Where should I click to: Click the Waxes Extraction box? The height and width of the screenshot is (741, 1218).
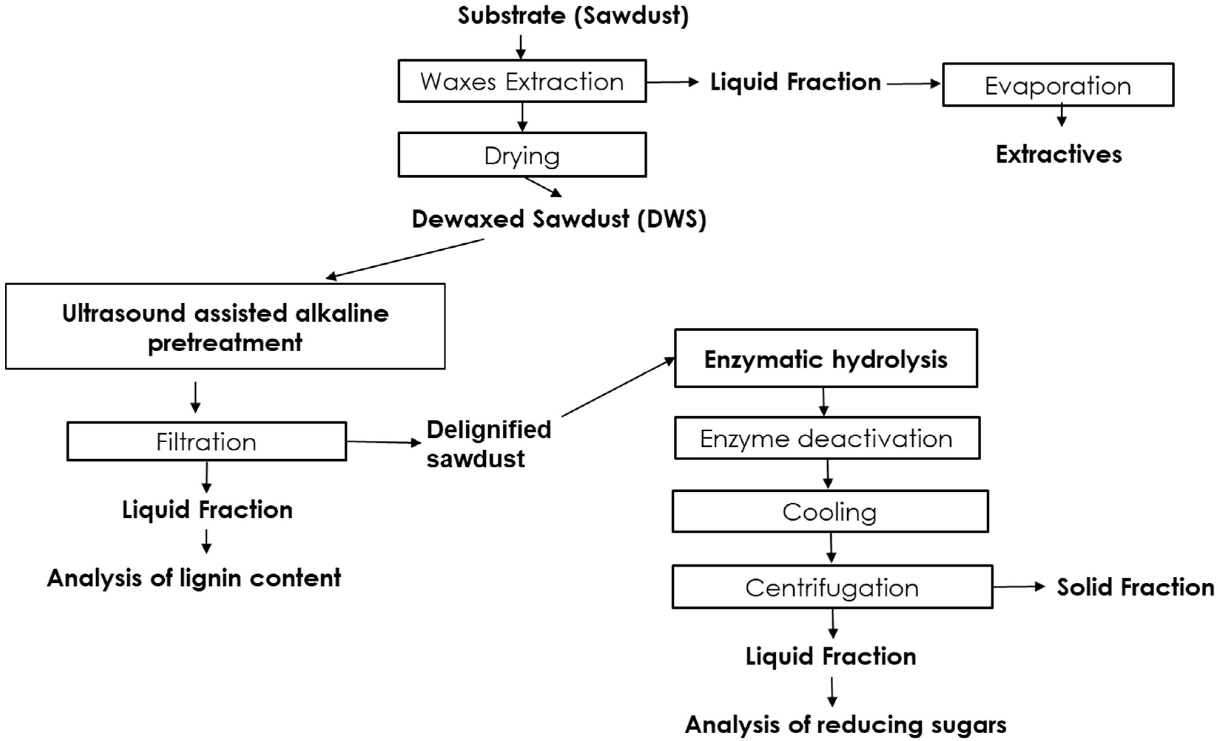coord(522,81)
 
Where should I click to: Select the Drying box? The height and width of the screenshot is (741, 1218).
coord(522,155)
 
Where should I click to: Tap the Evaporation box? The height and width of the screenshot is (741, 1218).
coord(1058,85)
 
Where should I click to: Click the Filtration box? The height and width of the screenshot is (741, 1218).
coord(206,441)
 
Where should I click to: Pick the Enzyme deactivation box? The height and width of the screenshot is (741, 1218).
coord(827,439)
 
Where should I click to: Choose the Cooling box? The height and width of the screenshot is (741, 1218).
coord(830,512)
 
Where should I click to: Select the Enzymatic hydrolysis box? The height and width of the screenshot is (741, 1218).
coord(825,359)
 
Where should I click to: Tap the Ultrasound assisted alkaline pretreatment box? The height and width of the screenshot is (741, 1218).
coord(225,327)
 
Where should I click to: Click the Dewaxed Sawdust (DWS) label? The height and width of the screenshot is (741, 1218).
coord(559,219)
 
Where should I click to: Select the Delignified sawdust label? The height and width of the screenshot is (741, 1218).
coord(488,444)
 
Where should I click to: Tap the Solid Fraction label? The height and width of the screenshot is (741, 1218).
coord(1135,587)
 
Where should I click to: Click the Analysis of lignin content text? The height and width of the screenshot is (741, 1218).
coord(194,578)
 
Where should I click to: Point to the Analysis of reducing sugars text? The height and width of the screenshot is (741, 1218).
coord(845,725)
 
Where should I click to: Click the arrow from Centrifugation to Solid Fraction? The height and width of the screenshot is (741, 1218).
coord(1018,587)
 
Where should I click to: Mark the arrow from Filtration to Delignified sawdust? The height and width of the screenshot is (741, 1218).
coord(383,442)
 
